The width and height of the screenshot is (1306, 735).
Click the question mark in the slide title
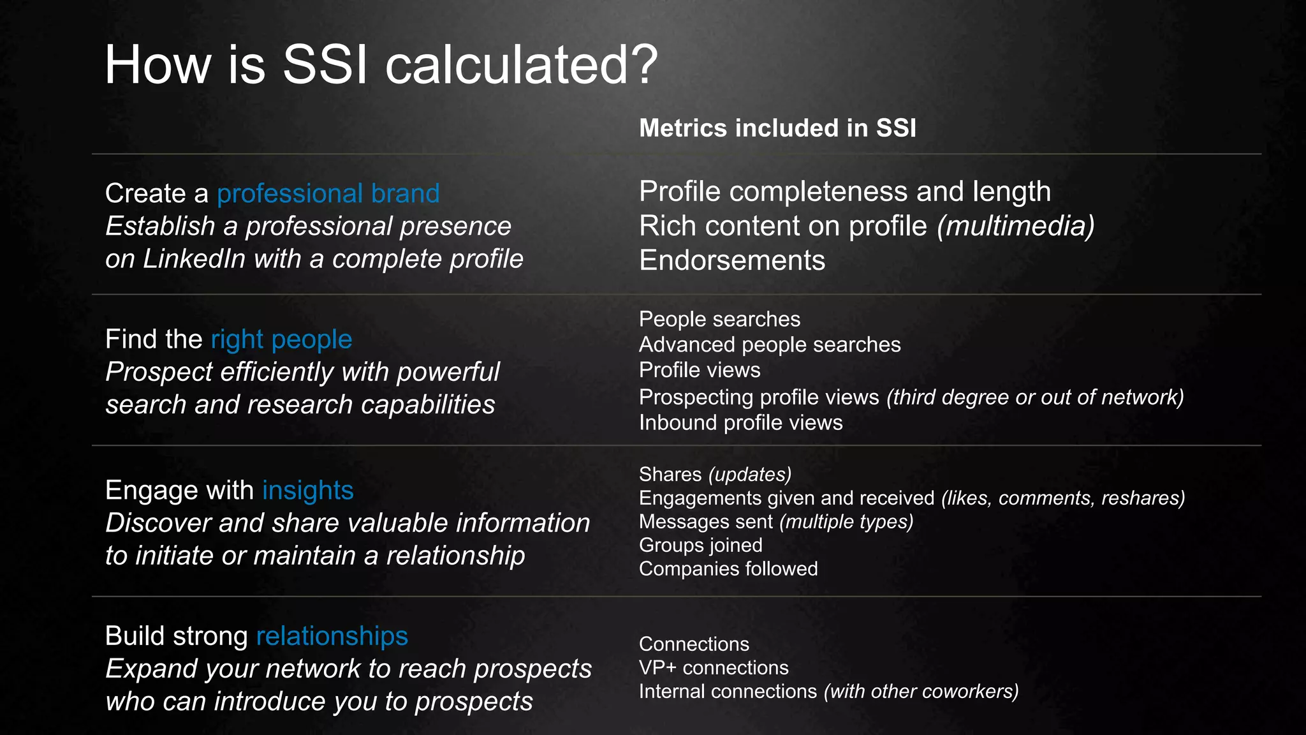(x=642, y=65)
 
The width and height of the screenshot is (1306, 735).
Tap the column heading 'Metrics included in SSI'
(x=777, y=128)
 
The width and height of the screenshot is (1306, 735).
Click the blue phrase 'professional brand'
(x=328, y=193)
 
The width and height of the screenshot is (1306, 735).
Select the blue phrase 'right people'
(x=281, y=339)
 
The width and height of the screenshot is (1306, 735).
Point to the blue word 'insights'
(x=307, y=491)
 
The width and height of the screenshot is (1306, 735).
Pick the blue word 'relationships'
(x=332, y=636)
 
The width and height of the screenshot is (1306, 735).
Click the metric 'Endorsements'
(x=732, y=260)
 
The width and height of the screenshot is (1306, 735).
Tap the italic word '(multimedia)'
(x=1015, y=226)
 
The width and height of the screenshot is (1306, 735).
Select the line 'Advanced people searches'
(x=770, y=345)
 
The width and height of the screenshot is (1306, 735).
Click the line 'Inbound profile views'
(x=740, y=422)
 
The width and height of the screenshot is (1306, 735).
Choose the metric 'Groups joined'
(x=700, y=545)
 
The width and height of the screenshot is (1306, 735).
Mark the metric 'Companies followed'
(x=728, y=568)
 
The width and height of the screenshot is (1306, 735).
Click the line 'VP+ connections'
(x=714, y=667)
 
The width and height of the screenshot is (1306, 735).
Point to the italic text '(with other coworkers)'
(x=921, y=691)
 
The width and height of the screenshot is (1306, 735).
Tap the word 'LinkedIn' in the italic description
(x=194, y=259)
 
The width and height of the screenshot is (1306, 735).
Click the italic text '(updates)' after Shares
(x=750, y=474)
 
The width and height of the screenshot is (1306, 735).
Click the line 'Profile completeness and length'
(x=845, y=191)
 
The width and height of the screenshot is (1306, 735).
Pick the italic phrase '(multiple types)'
(x=846, y=521)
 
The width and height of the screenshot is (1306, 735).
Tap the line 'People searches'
(x=719, y=319)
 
